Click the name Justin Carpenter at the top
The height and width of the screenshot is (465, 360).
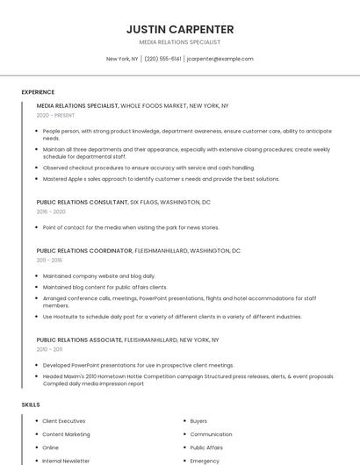179,29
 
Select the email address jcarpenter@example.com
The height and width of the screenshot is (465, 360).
220,59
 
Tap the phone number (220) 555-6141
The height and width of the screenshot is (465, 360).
162,59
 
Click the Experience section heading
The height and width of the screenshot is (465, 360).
38,92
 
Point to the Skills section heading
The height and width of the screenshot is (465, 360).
31,404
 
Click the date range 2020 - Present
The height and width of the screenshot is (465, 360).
55,115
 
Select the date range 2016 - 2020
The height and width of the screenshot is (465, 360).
51,211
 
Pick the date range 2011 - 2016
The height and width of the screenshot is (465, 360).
49,260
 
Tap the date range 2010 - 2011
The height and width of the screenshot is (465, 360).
49,348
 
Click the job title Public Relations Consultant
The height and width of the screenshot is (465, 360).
82,202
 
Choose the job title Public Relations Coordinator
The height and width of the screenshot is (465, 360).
83,250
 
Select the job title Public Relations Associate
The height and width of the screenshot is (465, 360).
79,339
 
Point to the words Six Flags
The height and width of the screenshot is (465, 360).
145,202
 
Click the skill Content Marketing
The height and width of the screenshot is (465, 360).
66,434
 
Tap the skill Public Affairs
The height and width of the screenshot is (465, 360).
206,447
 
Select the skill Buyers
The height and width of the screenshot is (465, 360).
198,421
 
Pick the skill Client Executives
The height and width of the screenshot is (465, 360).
64,421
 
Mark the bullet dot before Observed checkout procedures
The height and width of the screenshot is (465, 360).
37,168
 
